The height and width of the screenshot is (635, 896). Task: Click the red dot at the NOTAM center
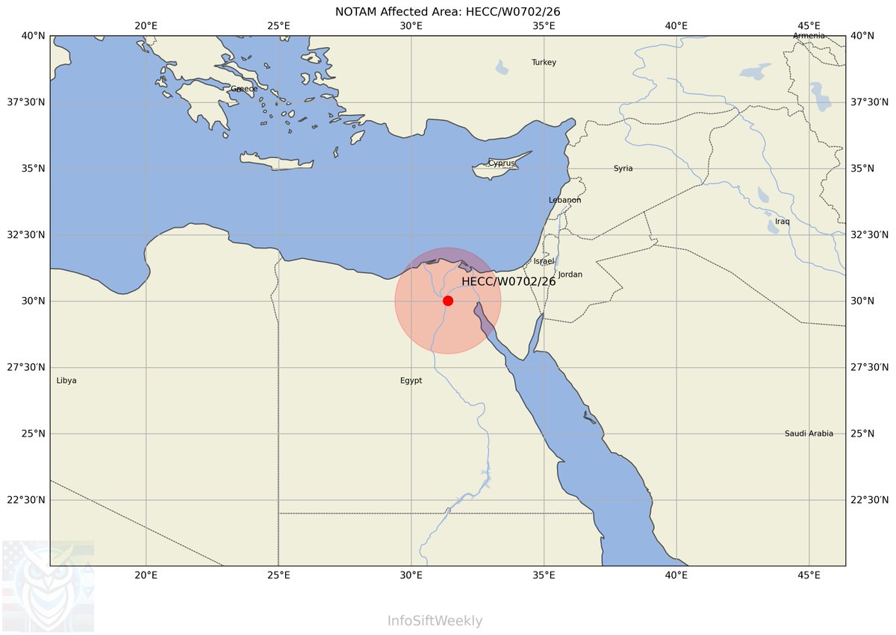click(x=448, y=301)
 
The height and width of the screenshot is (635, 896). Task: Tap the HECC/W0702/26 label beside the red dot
click(x=508, y=281)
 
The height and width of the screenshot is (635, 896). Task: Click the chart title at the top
click(x=448, y=12)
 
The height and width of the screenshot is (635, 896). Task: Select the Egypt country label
click(x=411, y=381)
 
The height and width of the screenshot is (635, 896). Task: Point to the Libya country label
click(x=66, y=381)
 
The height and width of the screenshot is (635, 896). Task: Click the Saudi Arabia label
click(x=809, y=434)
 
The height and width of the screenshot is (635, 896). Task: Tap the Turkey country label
click(x=544, y=63)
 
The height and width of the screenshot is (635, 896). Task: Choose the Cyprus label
click(x=501, y=163)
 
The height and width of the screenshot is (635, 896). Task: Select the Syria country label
click(x=623, y=169)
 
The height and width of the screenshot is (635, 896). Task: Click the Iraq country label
click(x=782, y=222)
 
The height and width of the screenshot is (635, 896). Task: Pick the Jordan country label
click(x=570, y=275)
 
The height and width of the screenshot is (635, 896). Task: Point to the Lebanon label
click(x=564, y=200)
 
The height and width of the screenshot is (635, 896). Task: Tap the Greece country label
click(x=243, y=89)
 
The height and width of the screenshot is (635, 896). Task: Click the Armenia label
click(x=809, y=36)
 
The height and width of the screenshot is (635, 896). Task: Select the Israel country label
click(x=544, y=261)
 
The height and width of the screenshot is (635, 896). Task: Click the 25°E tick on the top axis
click(x=279, y=25)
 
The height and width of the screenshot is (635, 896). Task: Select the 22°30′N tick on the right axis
click(x=866, y=500)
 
